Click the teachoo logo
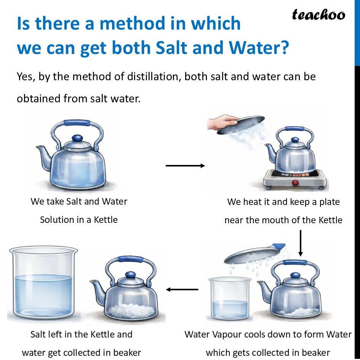click(318, 15)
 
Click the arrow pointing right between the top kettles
click(186, 166)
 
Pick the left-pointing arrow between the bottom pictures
click(182, 290)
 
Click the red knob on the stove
click(294, 183)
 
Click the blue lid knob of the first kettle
click(77, 138)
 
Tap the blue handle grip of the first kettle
click(77, 123)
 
